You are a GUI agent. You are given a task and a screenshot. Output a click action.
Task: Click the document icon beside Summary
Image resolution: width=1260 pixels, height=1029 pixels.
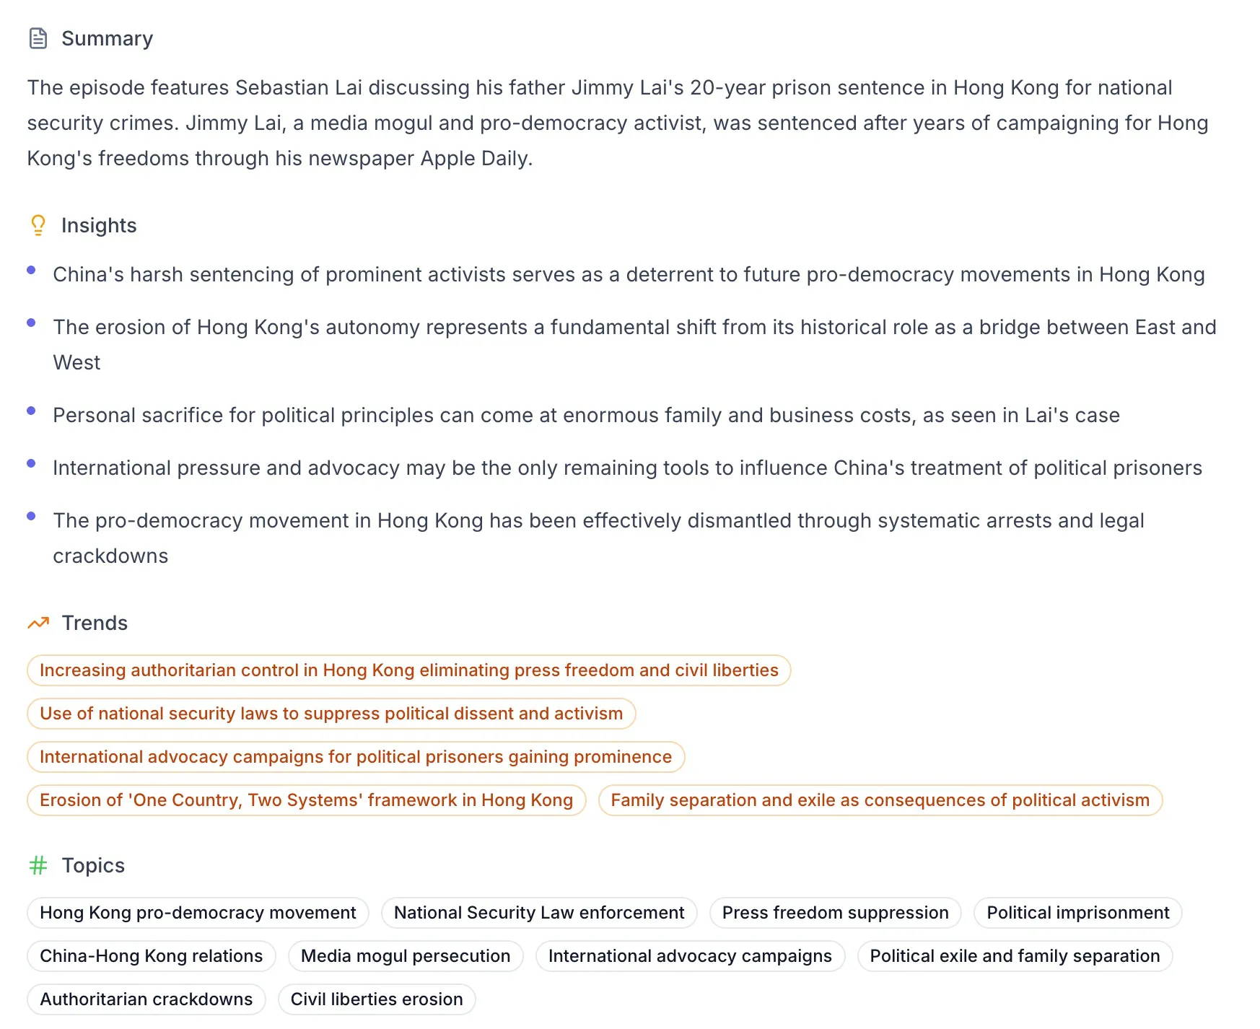coord(38,38)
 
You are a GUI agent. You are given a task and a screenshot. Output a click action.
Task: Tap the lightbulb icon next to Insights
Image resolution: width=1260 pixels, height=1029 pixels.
coord(38,225)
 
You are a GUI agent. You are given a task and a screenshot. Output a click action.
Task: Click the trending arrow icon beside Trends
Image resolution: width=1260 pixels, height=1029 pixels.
coord(38,623)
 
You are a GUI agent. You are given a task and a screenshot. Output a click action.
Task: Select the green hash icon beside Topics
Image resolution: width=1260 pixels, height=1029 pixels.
coord(38,865)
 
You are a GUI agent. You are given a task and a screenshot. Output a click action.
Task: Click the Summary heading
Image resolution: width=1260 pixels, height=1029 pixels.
coord(107,38)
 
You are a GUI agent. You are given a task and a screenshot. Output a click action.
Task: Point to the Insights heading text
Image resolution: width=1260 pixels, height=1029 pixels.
coord(99,225)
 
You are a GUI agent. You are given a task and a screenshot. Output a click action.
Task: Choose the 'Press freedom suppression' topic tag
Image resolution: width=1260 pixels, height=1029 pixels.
coord(835,913)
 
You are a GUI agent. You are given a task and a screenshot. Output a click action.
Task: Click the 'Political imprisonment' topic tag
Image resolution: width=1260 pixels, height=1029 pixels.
coord(1077,913)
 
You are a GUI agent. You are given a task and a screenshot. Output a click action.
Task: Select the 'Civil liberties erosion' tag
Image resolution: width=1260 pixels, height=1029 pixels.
coord(376,999)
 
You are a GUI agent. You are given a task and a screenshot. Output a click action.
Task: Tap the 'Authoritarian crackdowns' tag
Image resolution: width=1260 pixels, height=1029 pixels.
coord(146,999)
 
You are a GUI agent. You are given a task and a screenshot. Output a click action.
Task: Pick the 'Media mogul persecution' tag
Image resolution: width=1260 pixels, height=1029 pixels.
coord(405,956)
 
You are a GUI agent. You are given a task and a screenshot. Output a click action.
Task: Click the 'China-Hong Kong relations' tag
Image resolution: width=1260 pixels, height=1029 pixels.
coord(151,956)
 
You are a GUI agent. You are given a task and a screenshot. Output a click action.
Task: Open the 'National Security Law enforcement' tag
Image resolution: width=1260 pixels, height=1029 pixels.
coord(538,913)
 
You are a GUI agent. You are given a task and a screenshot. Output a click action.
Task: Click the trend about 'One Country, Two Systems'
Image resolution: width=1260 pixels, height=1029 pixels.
coord(306,800)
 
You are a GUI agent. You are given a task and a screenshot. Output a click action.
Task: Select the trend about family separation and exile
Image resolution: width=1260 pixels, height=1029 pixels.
coord(880,800)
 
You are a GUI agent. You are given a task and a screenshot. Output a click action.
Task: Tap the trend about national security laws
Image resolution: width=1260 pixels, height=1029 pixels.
coord(331,714)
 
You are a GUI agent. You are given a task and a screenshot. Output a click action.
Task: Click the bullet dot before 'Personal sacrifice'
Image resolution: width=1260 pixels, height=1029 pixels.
coord(31,411)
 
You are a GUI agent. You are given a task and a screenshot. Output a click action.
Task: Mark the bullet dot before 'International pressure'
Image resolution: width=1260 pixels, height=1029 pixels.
coord(31,463)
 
